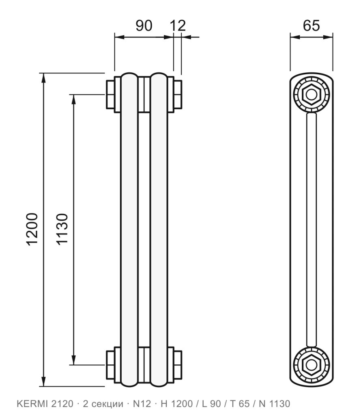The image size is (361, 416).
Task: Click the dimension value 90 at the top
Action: tap(144, 26)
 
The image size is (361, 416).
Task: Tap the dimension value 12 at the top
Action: tap(178, 26)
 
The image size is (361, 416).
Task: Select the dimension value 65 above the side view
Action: tap(311, 26)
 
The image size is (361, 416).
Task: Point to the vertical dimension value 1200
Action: tap(32, 229)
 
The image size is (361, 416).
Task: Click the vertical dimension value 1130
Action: tap(62, 229)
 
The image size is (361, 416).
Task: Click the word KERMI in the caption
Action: tap(32, 404)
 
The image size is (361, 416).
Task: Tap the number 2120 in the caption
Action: tap(62, 404)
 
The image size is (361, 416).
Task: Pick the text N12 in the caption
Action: tap(142, 404)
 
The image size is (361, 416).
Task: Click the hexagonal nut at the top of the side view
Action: tap(311, 94)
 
